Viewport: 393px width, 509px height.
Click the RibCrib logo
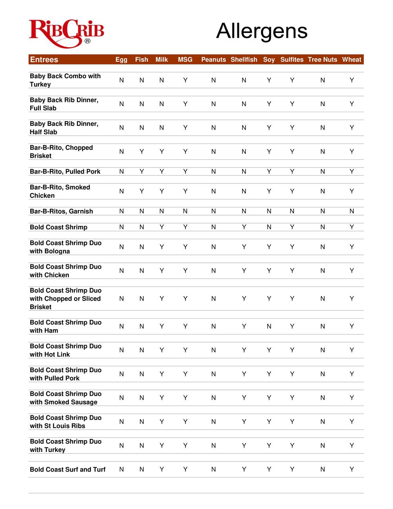66,33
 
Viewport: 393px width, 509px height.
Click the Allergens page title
262,31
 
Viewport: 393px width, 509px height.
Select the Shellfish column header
244,60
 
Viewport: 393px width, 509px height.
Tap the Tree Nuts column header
322,60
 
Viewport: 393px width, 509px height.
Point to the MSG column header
185,60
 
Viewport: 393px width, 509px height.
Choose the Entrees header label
44,60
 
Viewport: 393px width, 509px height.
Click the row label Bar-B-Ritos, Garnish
61,211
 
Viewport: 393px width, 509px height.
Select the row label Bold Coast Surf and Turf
68,469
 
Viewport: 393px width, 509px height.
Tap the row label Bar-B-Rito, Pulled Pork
65,172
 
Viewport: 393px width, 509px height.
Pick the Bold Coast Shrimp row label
59,227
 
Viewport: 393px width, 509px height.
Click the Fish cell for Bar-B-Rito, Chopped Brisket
141,151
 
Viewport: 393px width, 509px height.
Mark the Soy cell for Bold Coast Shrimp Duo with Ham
269,326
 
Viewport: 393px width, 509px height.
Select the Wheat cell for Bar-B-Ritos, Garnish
352,211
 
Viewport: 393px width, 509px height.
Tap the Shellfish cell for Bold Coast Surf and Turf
244,469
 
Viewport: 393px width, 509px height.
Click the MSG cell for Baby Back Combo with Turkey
185,80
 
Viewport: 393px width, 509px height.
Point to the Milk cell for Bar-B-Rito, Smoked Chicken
162,191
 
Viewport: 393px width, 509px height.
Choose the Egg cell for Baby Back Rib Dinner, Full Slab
121,104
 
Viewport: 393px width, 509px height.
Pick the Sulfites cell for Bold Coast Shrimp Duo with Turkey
292,445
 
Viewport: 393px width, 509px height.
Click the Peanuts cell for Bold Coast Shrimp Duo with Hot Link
213,350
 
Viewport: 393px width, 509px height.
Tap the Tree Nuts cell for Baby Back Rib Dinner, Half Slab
322,128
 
